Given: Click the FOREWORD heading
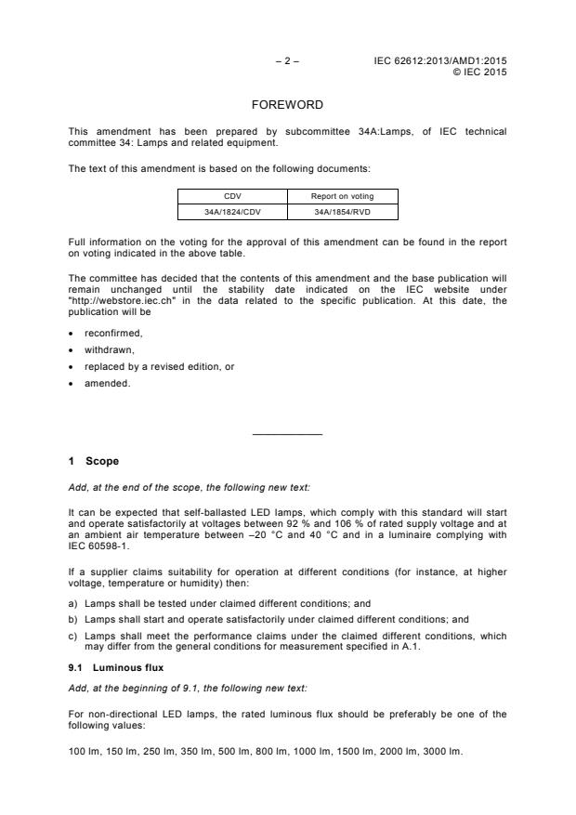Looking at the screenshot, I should point(287,106).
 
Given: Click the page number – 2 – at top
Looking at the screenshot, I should point(287,61).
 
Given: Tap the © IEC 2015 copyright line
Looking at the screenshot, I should point(478,72).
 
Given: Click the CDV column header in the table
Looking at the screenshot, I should point(232,196).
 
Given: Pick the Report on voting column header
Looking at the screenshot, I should point(343,196).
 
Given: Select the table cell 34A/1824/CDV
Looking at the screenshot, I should point(232,211).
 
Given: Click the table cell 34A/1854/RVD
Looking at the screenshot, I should point(343,211).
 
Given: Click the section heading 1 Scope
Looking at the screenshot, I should point(94,461).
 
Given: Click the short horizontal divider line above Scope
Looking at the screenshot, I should point(287,434).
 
